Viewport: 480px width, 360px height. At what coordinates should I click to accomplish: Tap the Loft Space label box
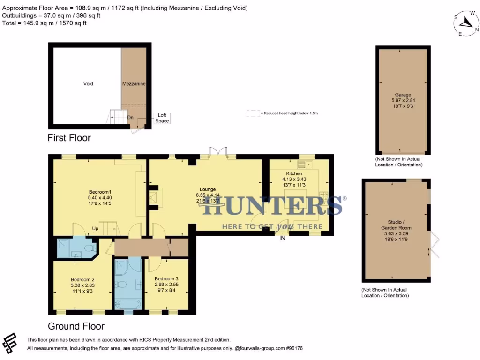(x=162, y=118)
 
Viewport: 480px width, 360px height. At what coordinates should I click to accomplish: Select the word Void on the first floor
(x=88, y=84)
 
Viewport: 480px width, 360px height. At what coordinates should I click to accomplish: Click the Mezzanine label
(x=134, y=84)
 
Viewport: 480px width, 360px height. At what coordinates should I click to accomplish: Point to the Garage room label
(x=403, y=94)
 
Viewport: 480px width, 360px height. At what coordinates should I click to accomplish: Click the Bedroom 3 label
(x=166, y=278)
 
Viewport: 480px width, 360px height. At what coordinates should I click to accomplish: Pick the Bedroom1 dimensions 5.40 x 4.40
(x=100, y=198)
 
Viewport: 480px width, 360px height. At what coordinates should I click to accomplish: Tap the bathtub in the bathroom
(x=128, y=304)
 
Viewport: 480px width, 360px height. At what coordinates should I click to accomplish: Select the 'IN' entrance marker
(x=282, y=239)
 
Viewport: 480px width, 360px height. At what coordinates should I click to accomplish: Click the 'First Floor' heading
(x=69, y=138)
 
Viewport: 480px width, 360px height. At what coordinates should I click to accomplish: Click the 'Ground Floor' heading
(x=76, y=326)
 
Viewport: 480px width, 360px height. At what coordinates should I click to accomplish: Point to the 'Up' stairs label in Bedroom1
(x=95, y=229)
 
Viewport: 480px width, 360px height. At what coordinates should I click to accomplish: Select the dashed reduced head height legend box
(x=253, y=113)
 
